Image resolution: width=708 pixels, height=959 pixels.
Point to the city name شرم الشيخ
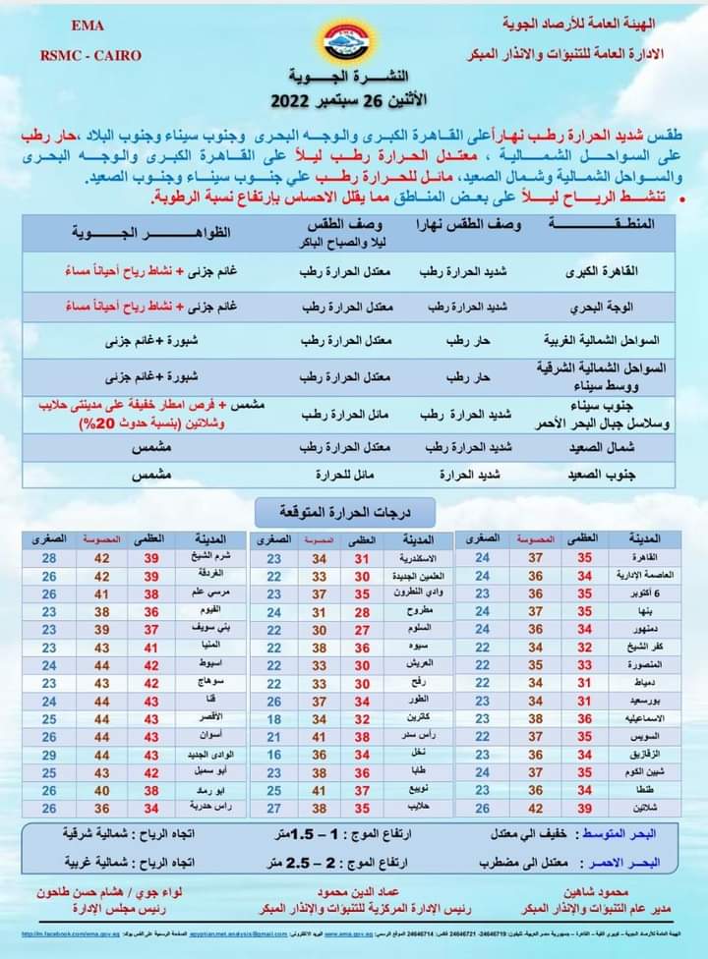click(208, 558)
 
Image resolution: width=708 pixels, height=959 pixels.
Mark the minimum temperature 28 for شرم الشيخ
click(48, 558)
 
